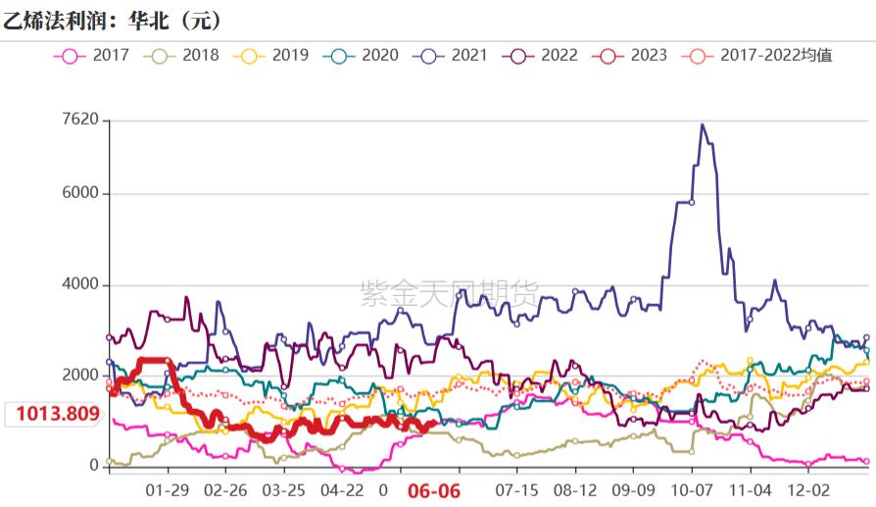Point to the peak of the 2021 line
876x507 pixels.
point(702,125)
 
